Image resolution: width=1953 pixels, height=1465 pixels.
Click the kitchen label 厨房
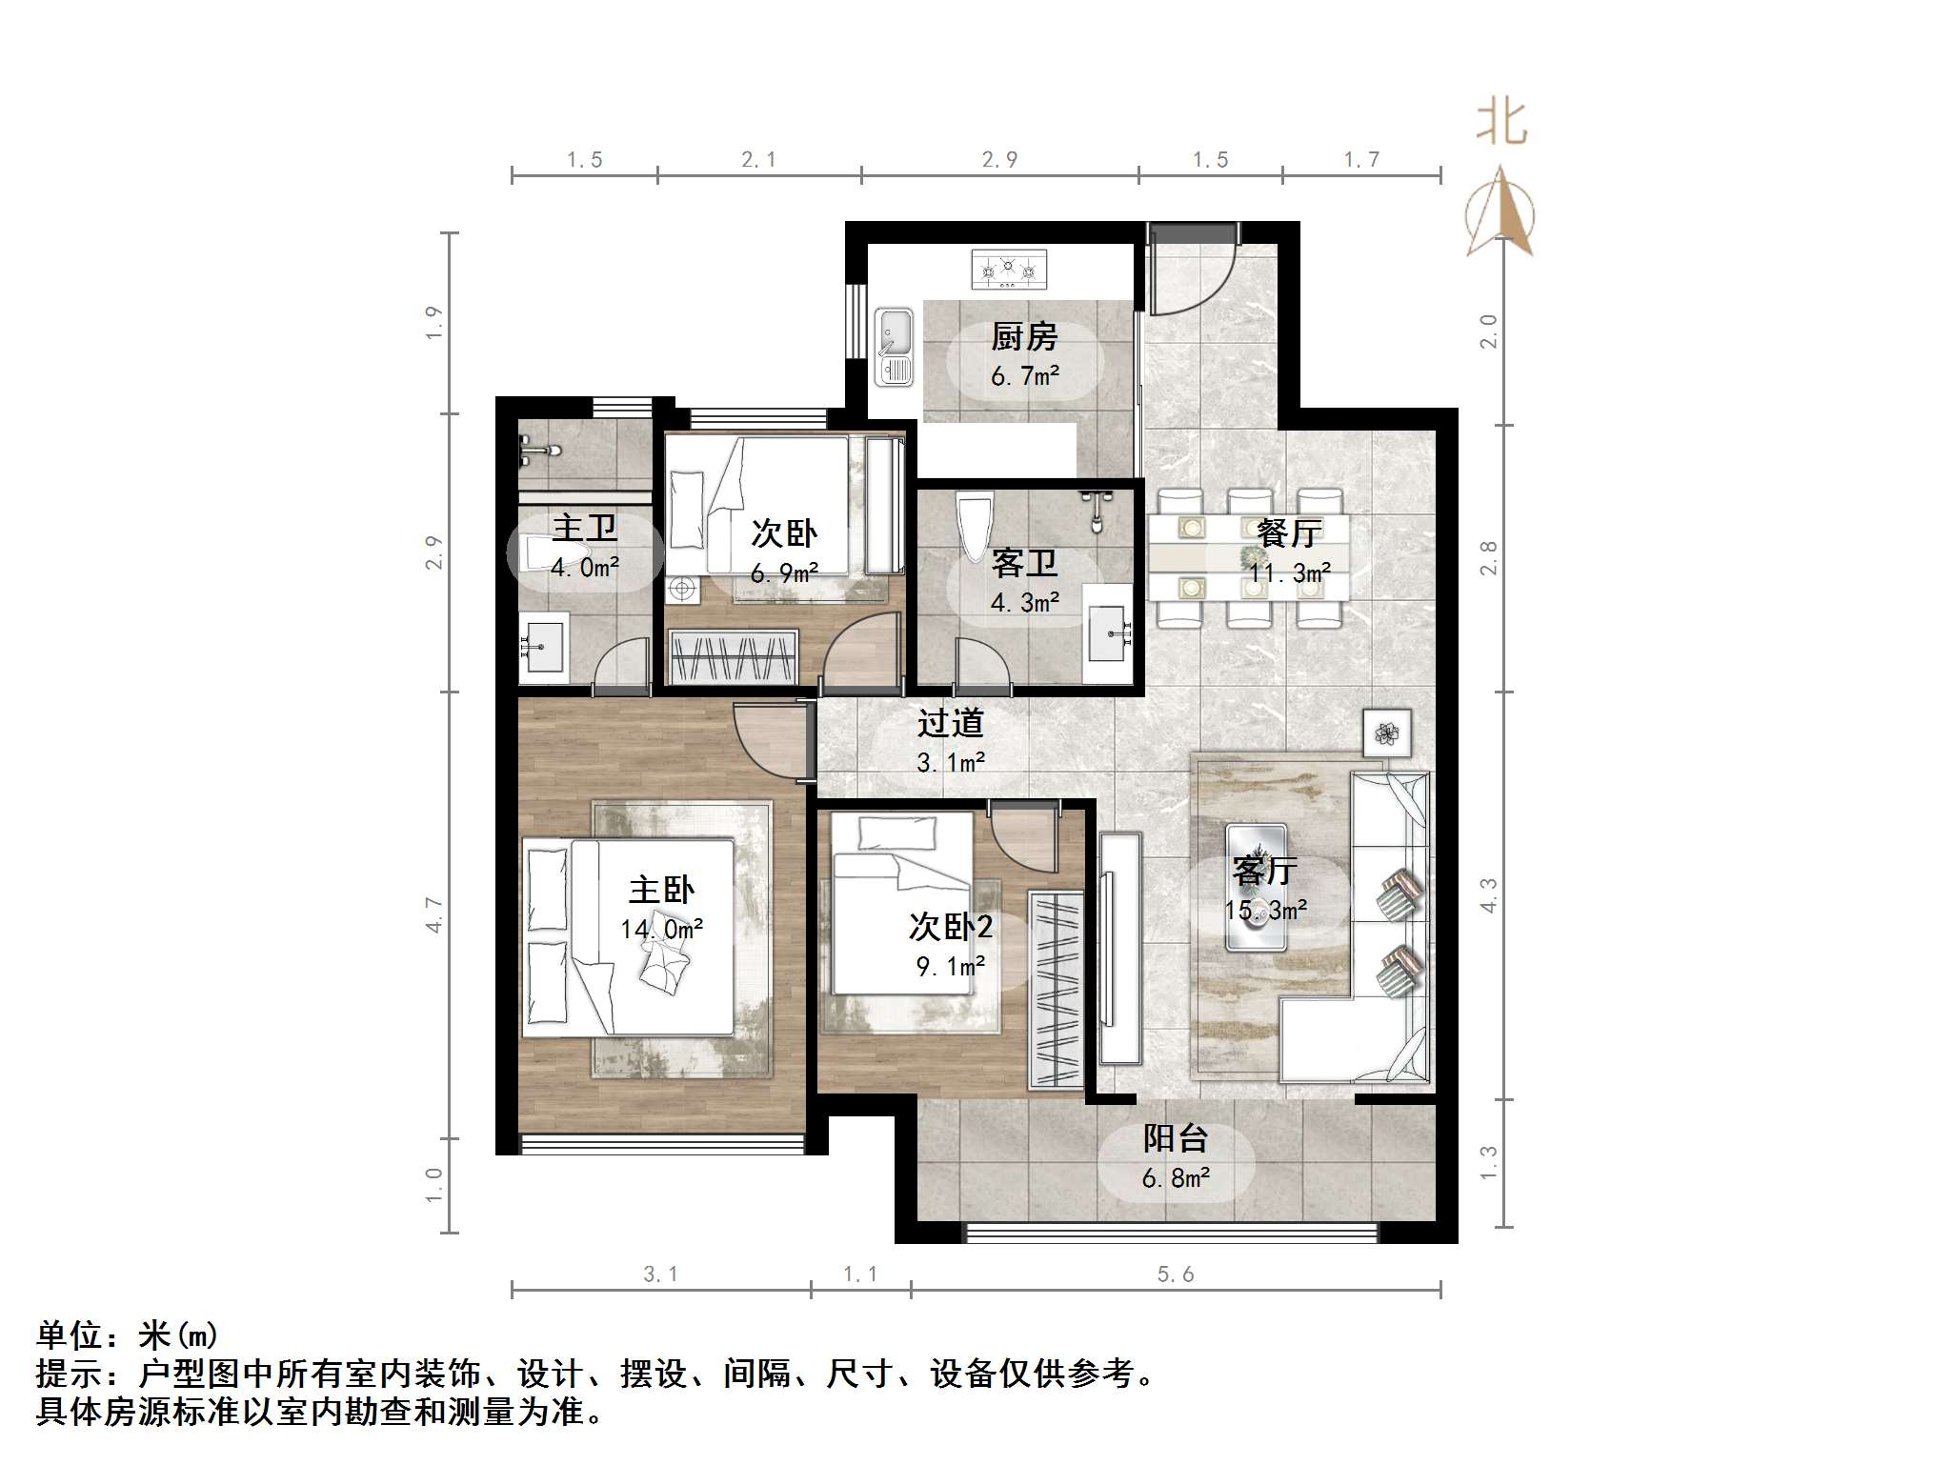point(1024,336)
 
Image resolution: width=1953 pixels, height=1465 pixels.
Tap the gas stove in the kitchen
point(1008,269)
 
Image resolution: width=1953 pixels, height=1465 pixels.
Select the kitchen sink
point(894,346)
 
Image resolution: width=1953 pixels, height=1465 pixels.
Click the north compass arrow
point(1500,211)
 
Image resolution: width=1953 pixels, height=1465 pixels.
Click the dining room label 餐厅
point(1289,532)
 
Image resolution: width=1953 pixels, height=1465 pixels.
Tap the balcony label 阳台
point(1176,1138)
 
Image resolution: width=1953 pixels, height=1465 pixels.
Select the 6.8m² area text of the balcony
point(1176,1178)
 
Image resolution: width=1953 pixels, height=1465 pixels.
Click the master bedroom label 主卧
point(661,890)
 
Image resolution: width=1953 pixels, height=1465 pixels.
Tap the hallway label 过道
point(950,723)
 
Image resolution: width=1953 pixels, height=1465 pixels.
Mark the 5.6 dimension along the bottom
point(1175,1274)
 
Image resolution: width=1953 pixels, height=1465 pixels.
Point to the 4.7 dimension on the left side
point(434,914)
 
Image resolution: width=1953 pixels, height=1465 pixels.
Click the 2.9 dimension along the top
point(999,160)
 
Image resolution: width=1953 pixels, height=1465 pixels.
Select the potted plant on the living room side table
point(1386,733)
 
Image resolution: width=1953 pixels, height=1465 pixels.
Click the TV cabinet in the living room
point(1120,948)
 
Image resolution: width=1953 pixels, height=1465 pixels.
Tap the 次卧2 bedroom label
point(950,926)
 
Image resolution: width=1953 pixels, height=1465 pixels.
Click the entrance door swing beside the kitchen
point(1191,271)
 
